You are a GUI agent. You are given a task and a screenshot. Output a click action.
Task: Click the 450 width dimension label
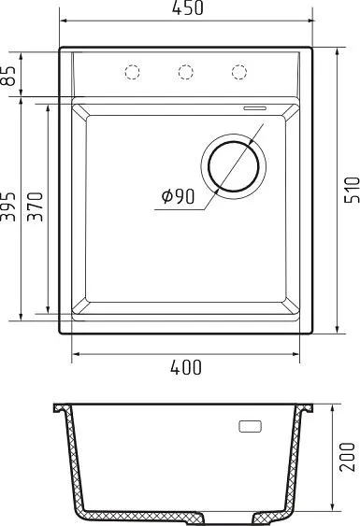tap(187, 8)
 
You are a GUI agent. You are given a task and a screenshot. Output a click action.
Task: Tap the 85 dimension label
tap(8, 76)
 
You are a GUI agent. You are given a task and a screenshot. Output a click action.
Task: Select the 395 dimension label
tap(8, 206)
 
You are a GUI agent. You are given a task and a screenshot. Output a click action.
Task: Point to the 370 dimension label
tap(36, 206)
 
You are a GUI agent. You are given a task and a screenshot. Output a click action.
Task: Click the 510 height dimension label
tap(352, 190)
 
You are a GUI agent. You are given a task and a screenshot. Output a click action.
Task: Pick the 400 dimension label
tap(186, 367)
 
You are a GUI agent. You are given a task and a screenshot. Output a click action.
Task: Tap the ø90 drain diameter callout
tap(178, 196)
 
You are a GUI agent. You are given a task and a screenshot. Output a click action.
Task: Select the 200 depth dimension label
tap(347, 457)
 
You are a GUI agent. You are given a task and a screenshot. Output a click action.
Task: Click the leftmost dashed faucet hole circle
tap(132, 72)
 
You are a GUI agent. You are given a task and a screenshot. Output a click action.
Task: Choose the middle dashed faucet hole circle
tap(186, 72)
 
